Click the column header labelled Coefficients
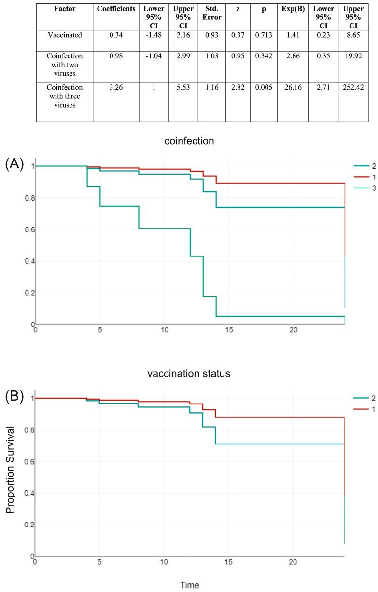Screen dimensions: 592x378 (116, 9)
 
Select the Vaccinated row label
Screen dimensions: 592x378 (64, 35)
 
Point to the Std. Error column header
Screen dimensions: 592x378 (211, 13)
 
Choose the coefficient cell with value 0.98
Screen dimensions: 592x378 (116, 57)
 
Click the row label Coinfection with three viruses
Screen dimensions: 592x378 (64, 95)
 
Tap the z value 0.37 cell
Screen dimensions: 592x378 (237, 35)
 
